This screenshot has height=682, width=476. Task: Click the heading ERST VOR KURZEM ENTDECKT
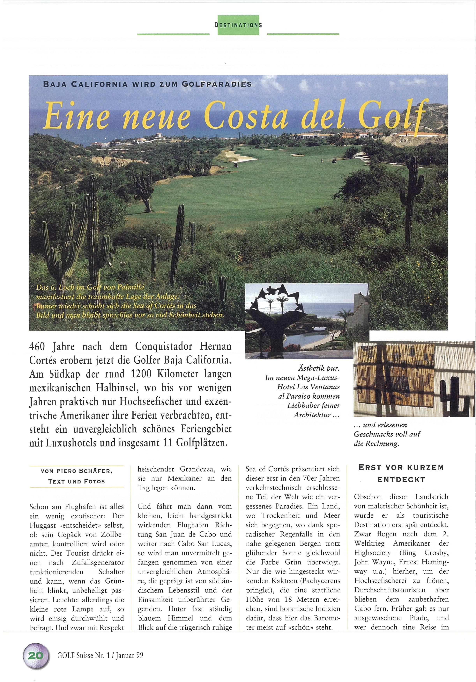point(401,473)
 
